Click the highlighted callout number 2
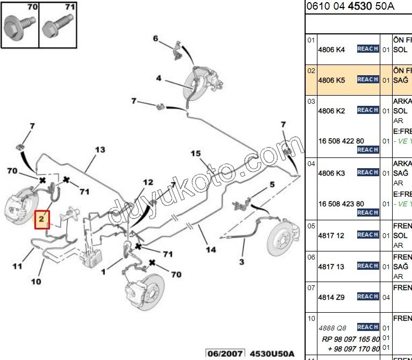42,219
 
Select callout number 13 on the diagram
100,150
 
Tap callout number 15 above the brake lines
196,154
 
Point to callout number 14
211,249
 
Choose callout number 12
148,182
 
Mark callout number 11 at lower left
18,265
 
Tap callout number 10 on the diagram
36,281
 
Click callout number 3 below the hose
242,262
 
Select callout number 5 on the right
272,184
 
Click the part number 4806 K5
331,80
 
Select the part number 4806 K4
331,49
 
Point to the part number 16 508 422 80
341,141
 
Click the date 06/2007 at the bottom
225,353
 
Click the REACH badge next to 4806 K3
368,172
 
